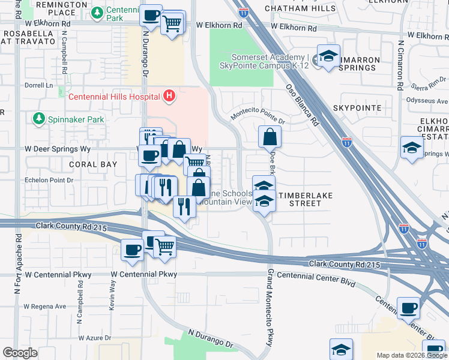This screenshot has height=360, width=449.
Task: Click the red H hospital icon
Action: point(170,96)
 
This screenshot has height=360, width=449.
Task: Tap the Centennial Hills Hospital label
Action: point(115,97)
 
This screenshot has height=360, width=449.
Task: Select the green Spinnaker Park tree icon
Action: point(40,119)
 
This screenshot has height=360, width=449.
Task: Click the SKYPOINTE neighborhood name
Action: point(357,107)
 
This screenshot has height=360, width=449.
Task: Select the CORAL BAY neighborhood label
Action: point(92,164)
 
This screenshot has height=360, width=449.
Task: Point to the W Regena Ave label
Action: point(44,306)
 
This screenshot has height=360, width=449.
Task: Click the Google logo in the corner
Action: point(20,352)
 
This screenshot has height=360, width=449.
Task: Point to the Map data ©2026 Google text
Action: point(411,355)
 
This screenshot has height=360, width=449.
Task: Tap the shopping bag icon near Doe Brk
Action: point(270,136)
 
